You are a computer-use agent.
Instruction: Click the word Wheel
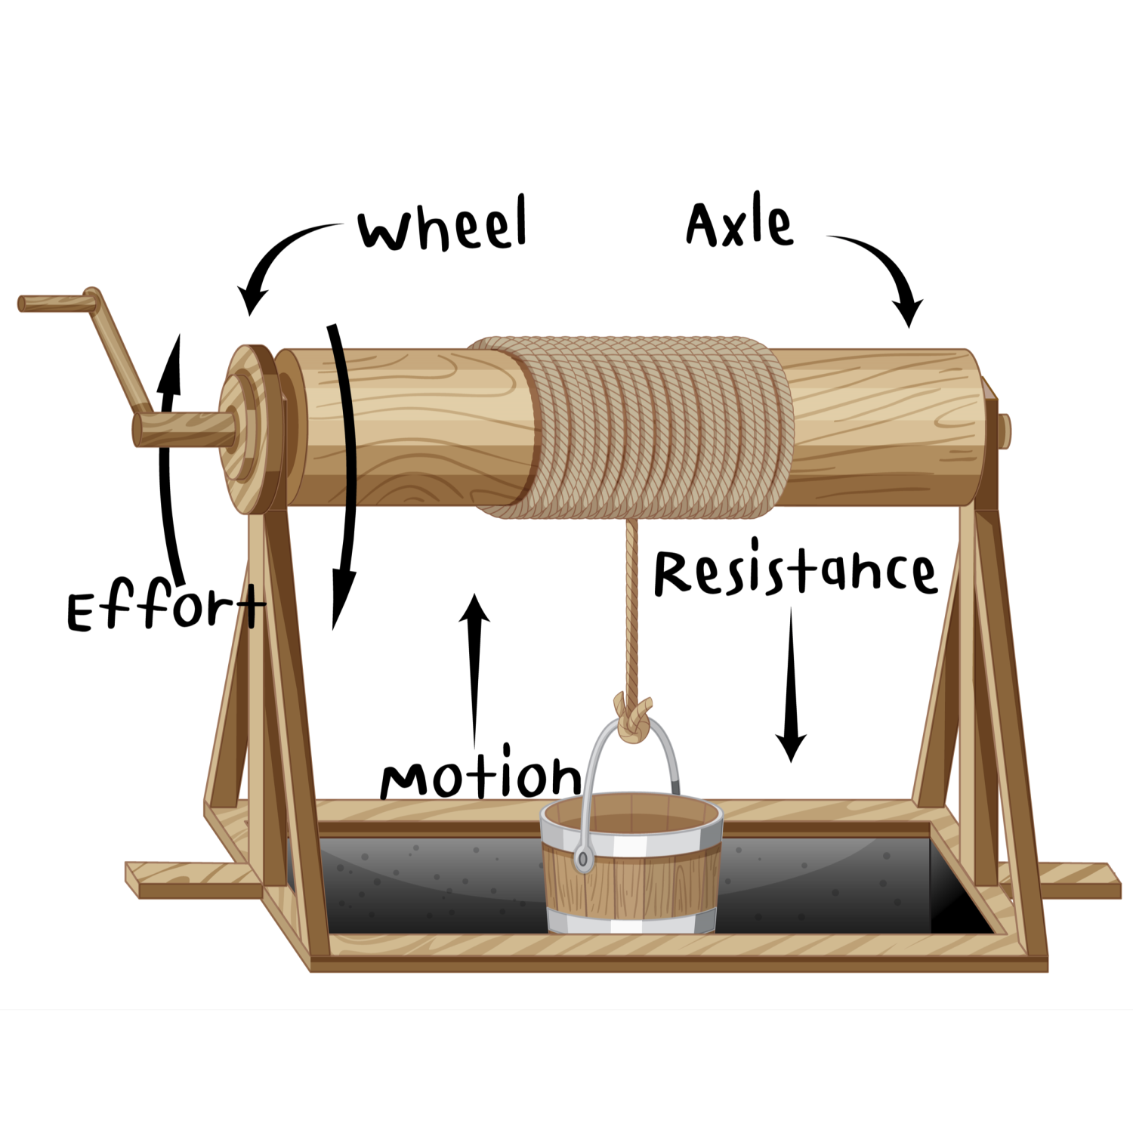[x=443, y=225]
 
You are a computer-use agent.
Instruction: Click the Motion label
[x=480, y=776]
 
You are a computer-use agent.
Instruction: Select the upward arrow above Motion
[x=474, y=665]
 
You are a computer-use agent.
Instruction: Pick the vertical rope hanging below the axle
[x=631, y=604]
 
